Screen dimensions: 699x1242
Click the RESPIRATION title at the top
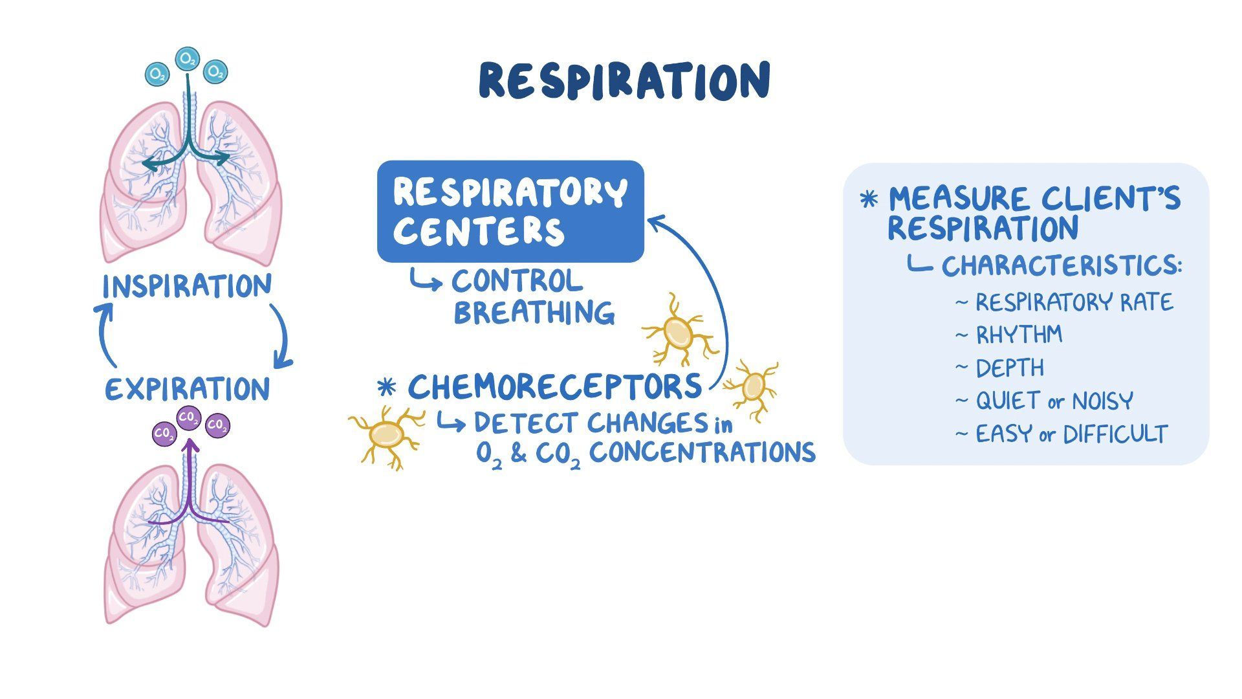(624, 81)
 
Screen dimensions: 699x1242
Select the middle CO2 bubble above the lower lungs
(189, 417)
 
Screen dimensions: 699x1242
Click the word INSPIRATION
(187, 286)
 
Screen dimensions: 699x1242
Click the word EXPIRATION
(188, 390)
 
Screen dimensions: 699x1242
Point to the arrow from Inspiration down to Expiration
(283, 337)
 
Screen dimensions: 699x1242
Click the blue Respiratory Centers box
(510, 212)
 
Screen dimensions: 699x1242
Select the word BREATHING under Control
(534, 313)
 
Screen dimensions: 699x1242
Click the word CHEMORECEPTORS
(554, 386)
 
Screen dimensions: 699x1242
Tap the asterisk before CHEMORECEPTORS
(386, 388)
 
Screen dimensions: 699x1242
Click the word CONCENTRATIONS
(702, 452)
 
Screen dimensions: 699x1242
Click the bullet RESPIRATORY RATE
(1073, 302)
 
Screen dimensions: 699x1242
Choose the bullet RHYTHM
(1018, 335)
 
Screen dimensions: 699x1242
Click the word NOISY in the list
(1102, 401)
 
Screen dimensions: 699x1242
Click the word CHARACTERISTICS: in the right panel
(1061, 266)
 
